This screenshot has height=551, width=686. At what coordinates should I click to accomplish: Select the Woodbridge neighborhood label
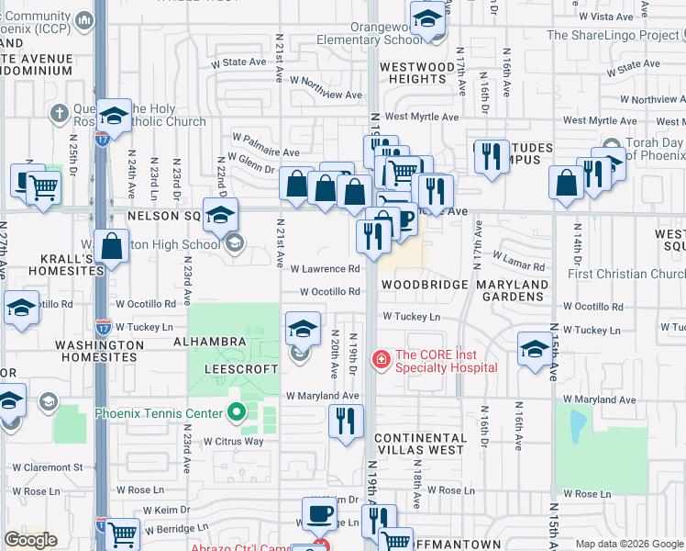click(x=424, y=285)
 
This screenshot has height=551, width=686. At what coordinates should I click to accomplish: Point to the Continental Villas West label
click(x=420, y=444)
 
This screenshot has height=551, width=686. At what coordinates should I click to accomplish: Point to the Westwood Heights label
click(x=417, y=73)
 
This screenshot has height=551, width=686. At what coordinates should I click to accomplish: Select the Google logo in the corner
click(x=31, y=540)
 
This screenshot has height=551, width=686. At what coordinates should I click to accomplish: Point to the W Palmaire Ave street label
click(x=266, y=152)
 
